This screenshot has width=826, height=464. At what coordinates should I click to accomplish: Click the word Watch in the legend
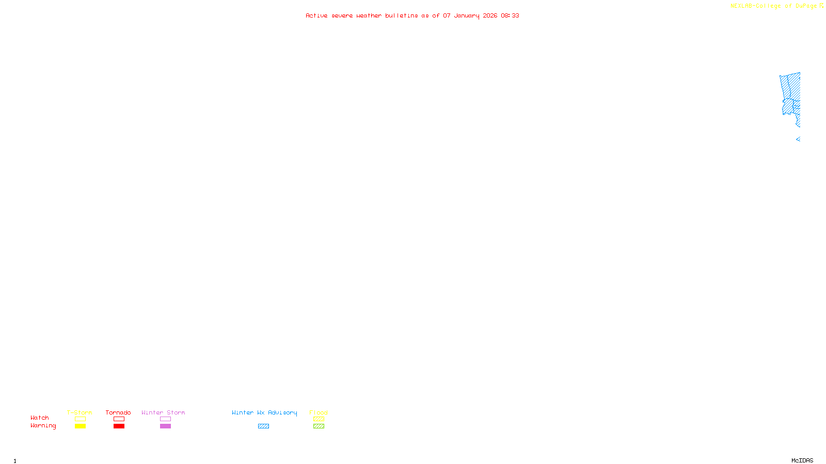click(x=40, y=418)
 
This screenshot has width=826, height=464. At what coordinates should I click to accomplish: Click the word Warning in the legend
click(x=43, y=426)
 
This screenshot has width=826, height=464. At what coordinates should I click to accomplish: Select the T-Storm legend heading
click(x=80, y=412)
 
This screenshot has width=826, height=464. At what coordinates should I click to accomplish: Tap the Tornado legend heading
click(x=118, y=412)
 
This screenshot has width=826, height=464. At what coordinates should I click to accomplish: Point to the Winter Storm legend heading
click(x=163, y=412)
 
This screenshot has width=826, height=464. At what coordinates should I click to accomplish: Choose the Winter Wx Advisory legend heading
click(x=264, y=412)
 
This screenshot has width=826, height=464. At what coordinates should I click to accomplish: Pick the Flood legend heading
click(x=319, y=412)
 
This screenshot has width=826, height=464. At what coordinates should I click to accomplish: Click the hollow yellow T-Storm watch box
click(x=80, y=419)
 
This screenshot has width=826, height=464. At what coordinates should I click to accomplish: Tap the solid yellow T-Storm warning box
click(x=80, y=426)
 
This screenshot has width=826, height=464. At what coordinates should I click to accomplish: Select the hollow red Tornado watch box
click(x=119, y=419)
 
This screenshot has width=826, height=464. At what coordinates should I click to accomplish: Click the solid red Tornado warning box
click(x=119, y=426)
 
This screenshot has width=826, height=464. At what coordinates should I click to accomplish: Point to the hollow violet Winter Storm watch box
click(x=165, y=419)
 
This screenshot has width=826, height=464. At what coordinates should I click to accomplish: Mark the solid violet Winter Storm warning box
click(x=165, y=426)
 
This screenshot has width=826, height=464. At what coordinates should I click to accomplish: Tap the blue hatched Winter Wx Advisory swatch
click(x=263, y=426)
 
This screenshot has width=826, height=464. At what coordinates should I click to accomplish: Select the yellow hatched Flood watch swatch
click(x=319, y=419)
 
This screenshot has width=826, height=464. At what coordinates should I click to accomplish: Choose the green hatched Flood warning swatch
click(x=319, y=426)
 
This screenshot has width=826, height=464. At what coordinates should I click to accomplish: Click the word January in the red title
click(x=466, y=16)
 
